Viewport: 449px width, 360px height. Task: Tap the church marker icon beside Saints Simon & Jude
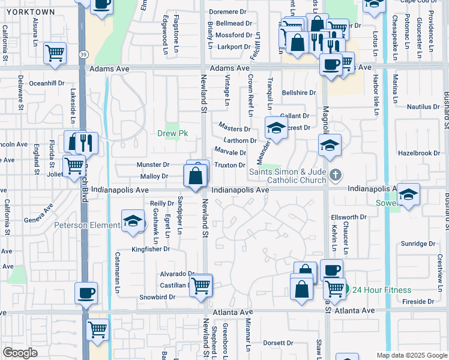point(336,175)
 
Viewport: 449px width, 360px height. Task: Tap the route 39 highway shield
point(82,55)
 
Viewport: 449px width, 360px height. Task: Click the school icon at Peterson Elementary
point(133,220)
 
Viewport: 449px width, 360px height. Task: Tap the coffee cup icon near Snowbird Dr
point(86,293)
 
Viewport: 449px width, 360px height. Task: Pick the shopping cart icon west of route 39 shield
point(55,53)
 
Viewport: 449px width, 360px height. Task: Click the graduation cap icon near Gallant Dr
point(276,128)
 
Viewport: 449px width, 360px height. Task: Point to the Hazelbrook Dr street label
point(419,154)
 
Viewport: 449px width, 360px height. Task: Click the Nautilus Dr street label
point(423,107)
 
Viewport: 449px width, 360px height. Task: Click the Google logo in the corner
point(20,353)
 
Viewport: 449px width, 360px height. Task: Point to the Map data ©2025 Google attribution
point(411,355)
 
